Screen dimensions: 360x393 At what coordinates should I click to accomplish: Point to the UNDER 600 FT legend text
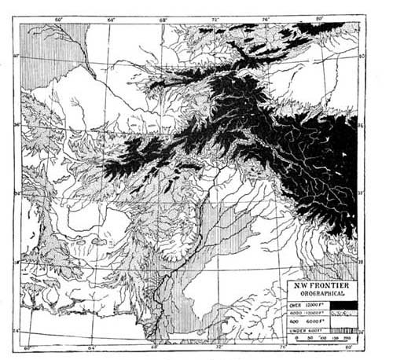click(x=305, y=331)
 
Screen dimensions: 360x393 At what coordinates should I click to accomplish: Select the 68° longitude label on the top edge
click(x=163, y=17)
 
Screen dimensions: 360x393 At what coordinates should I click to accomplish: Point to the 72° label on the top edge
click(x=215, y=17)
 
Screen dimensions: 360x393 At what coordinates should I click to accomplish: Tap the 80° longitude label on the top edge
click(x=319, y=17)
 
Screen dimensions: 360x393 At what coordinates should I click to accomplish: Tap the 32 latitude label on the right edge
click(x=362, y=191)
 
